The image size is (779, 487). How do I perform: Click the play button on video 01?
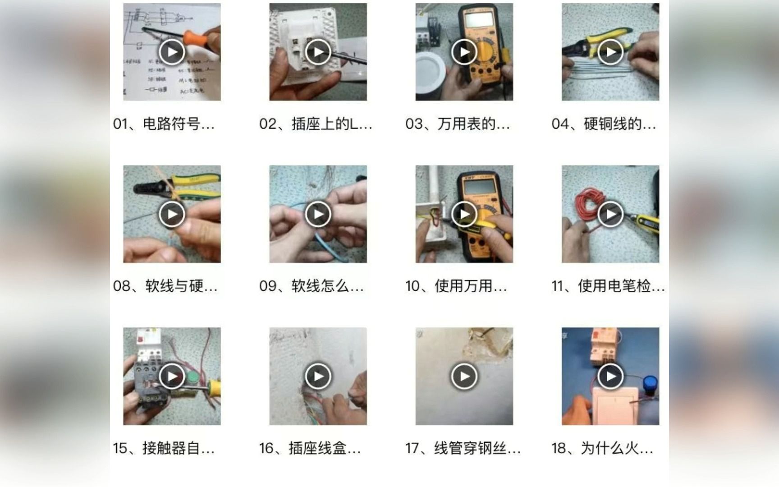(172, 52)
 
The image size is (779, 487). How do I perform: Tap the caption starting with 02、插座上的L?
(316, 124)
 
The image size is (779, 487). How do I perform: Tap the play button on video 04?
(610, 52)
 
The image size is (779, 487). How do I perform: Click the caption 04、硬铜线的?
(604, 124)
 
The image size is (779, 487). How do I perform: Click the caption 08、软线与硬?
(165, 286)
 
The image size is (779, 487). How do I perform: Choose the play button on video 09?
(318, 214)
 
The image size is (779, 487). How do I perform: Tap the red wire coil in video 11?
(586, 207)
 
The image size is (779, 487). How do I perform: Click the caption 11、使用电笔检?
(608, 286)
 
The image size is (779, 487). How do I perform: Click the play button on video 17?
(464, 376)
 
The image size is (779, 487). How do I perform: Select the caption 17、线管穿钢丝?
(463, 448)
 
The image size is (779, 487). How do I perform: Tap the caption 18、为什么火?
(602, 448)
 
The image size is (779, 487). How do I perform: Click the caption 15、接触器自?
(164, 448)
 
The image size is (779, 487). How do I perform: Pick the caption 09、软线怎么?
(311, 286)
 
